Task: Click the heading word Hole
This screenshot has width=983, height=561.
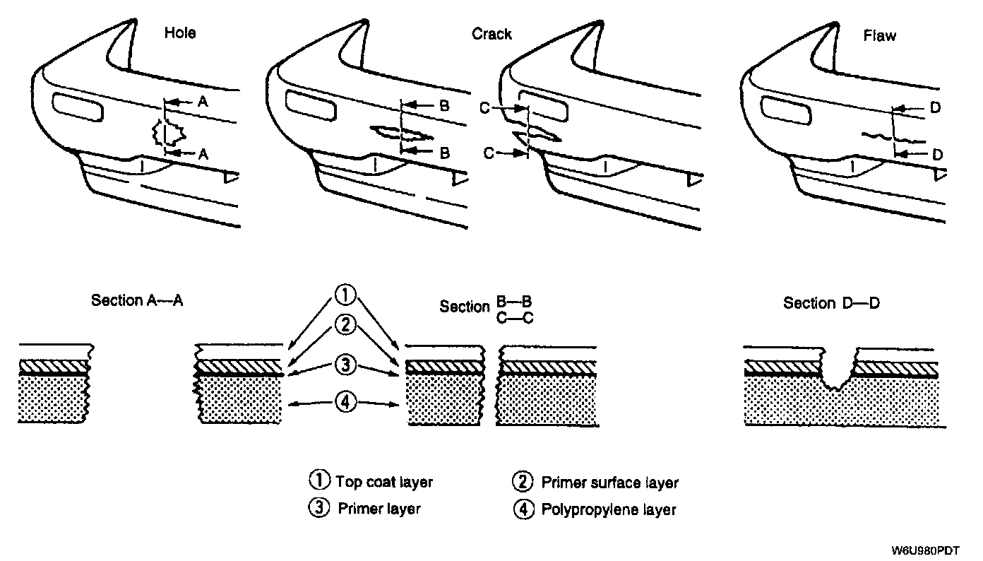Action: [180, 33]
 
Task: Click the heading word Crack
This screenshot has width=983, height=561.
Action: [491, 34]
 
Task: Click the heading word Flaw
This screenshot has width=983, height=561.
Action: [880, 35]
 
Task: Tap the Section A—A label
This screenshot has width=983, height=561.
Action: [137, 300]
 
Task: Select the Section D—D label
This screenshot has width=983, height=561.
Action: [831, 303]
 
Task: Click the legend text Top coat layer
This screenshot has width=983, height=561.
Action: [383, 483]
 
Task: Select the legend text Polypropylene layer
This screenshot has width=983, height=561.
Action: [608, 509]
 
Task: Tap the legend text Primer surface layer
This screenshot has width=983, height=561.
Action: [609, 483]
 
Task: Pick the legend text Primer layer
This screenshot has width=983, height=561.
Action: [379, 509]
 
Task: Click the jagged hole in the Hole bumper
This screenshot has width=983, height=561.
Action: [168, 132]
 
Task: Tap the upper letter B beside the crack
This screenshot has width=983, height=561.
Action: [444, 106]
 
